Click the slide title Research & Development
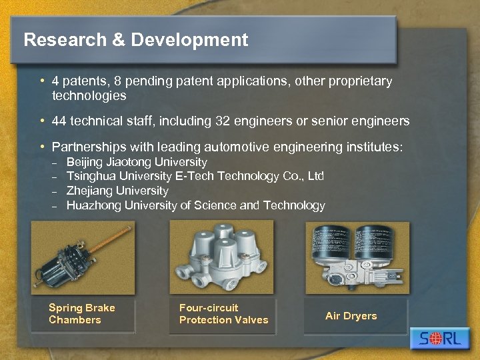coord(135,40)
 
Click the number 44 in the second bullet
coord(59,121)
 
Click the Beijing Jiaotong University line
coord(137,162)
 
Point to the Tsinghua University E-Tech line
coord(195,176)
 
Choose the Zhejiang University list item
coord(117,191)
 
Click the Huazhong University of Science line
coord(195,205)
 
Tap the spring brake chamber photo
coord(83,257)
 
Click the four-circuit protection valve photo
coord(221,257)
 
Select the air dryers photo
coord(357,257)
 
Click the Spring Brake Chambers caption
coord(81,314)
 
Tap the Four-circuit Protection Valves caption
coord(223,314)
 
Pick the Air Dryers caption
coord(351,316)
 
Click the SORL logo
coord(440,339)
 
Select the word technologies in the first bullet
coord(89,96)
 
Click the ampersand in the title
coord(118,40)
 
